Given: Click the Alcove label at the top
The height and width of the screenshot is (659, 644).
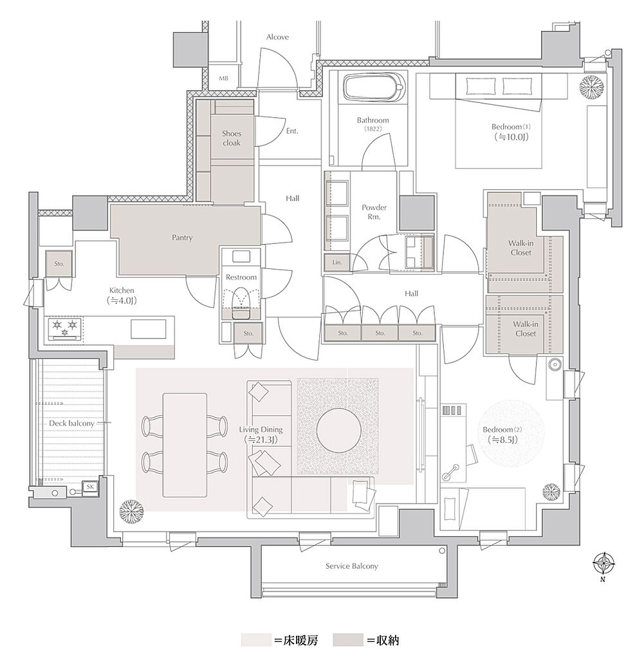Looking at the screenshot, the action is click(x=277, y=37).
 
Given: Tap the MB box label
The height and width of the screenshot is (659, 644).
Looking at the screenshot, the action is click(x=223, y=78).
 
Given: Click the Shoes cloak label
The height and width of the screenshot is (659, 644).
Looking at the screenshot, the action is click(x=232, y=138).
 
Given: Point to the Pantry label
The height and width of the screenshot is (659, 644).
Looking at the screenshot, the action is click(x=182, y=237).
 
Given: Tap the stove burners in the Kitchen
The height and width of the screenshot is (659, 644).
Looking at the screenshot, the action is click(x=65, y=328).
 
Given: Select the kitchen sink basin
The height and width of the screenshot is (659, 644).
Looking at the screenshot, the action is click(x=148, y=329).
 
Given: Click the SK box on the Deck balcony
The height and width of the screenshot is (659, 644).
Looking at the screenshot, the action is click(x=90, y=487).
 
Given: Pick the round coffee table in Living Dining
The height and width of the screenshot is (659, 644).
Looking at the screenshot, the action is click(x=338, y=431).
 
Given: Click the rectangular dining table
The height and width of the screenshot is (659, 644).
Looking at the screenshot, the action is click(x=185, y=445).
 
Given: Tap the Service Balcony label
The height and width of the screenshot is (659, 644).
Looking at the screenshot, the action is click(x=352, y=566).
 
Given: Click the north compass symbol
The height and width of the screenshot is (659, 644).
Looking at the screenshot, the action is click(x=603, y=564).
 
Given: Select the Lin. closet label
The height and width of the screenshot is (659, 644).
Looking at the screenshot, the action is click(x=337, y=263).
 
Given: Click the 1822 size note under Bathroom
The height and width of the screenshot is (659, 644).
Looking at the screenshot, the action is click(x=373, y=129).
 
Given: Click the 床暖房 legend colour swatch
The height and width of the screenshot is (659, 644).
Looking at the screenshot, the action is click(x=256, y=640).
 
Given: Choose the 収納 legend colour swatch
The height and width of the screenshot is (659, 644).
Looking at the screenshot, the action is click(x=348, y=640).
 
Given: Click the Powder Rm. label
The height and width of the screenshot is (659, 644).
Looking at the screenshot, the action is click(x=374, y=212).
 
